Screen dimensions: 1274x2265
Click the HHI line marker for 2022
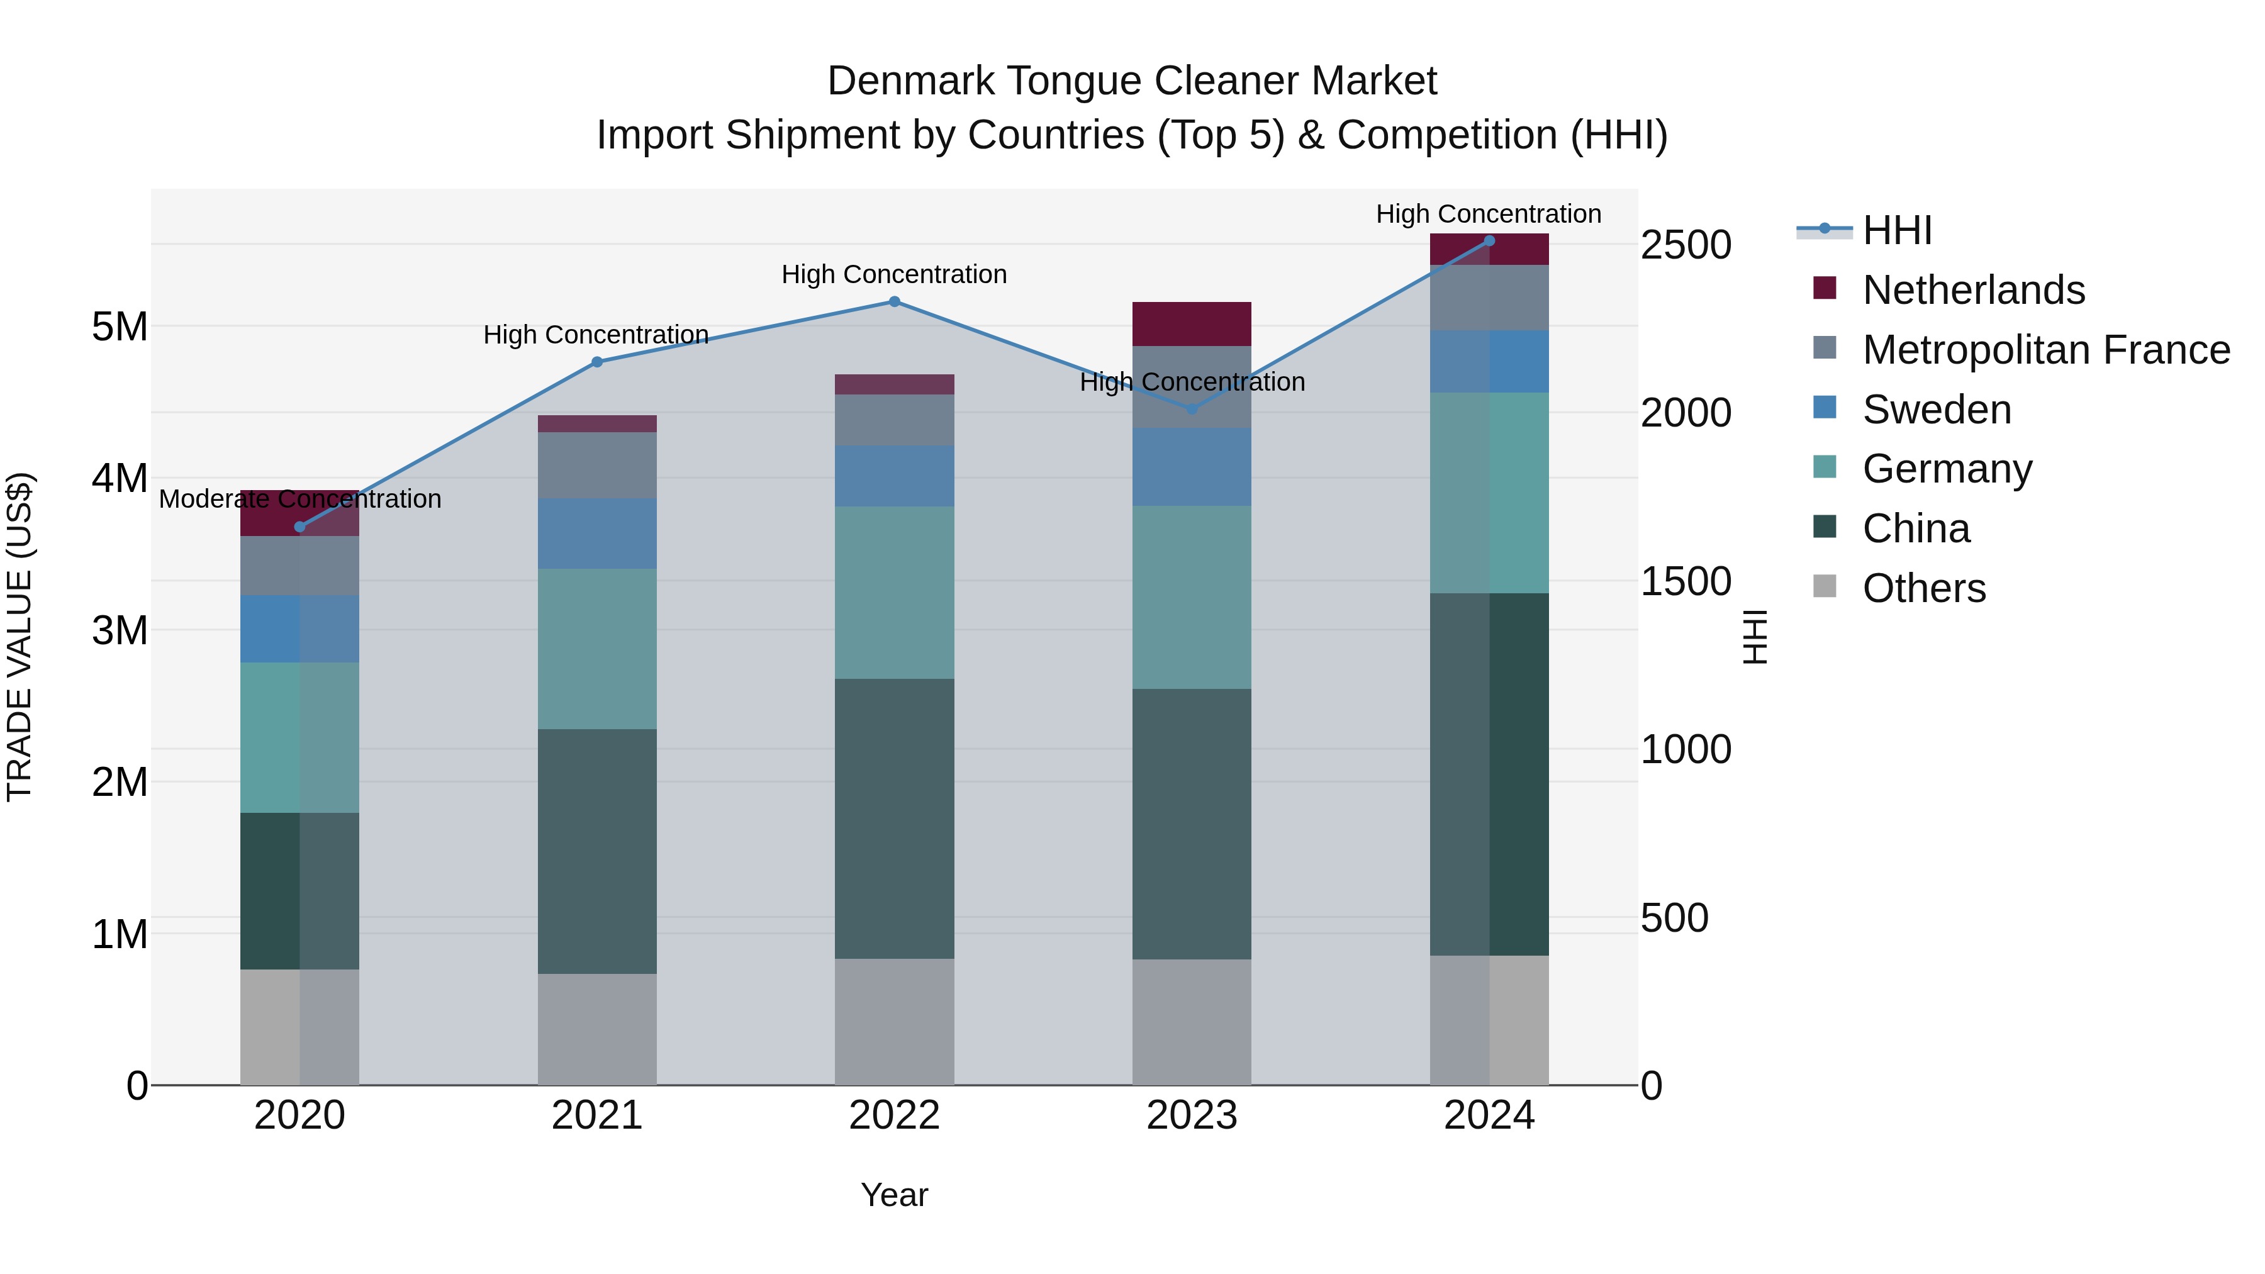[894, 301]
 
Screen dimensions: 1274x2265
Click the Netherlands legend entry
[1973, 290]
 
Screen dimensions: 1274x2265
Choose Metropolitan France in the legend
[2045, 350]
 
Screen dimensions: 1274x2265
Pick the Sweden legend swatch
[1825, 408]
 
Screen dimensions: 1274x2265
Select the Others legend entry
[1924, 588]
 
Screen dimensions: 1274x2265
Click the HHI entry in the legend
[1896, 230]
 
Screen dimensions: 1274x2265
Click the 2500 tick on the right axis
[1686, 245]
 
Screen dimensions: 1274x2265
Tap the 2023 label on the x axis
[1192, 1115]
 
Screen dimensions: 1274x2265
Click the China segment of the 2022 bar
[894, 818]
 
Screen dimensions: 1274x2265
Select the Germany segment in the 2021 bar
[597, 649]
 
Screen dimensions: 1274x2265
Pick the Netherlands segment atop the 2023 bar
[1192, 323]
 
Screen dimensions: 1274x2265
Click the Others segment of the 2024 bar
[1489, 1020]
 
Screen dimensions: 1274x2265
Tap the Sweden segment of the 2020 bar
[300, 629]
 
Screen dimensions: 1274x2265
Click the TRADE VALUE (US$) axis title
[20, 637]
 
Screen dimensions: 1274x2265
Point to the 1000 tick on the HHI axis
[1686, 749]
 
